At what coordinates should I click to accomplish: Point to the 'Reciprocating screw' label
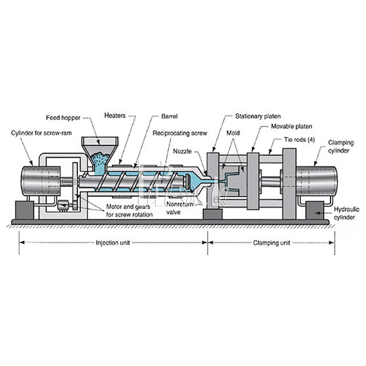point(178,133)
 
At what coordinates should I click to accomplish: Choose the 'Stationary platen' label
point(257,116)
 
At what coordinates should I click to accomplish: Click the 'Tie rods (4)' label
point(300,139)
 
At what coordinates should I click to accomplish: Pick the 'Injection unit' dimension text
point(113,242)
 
